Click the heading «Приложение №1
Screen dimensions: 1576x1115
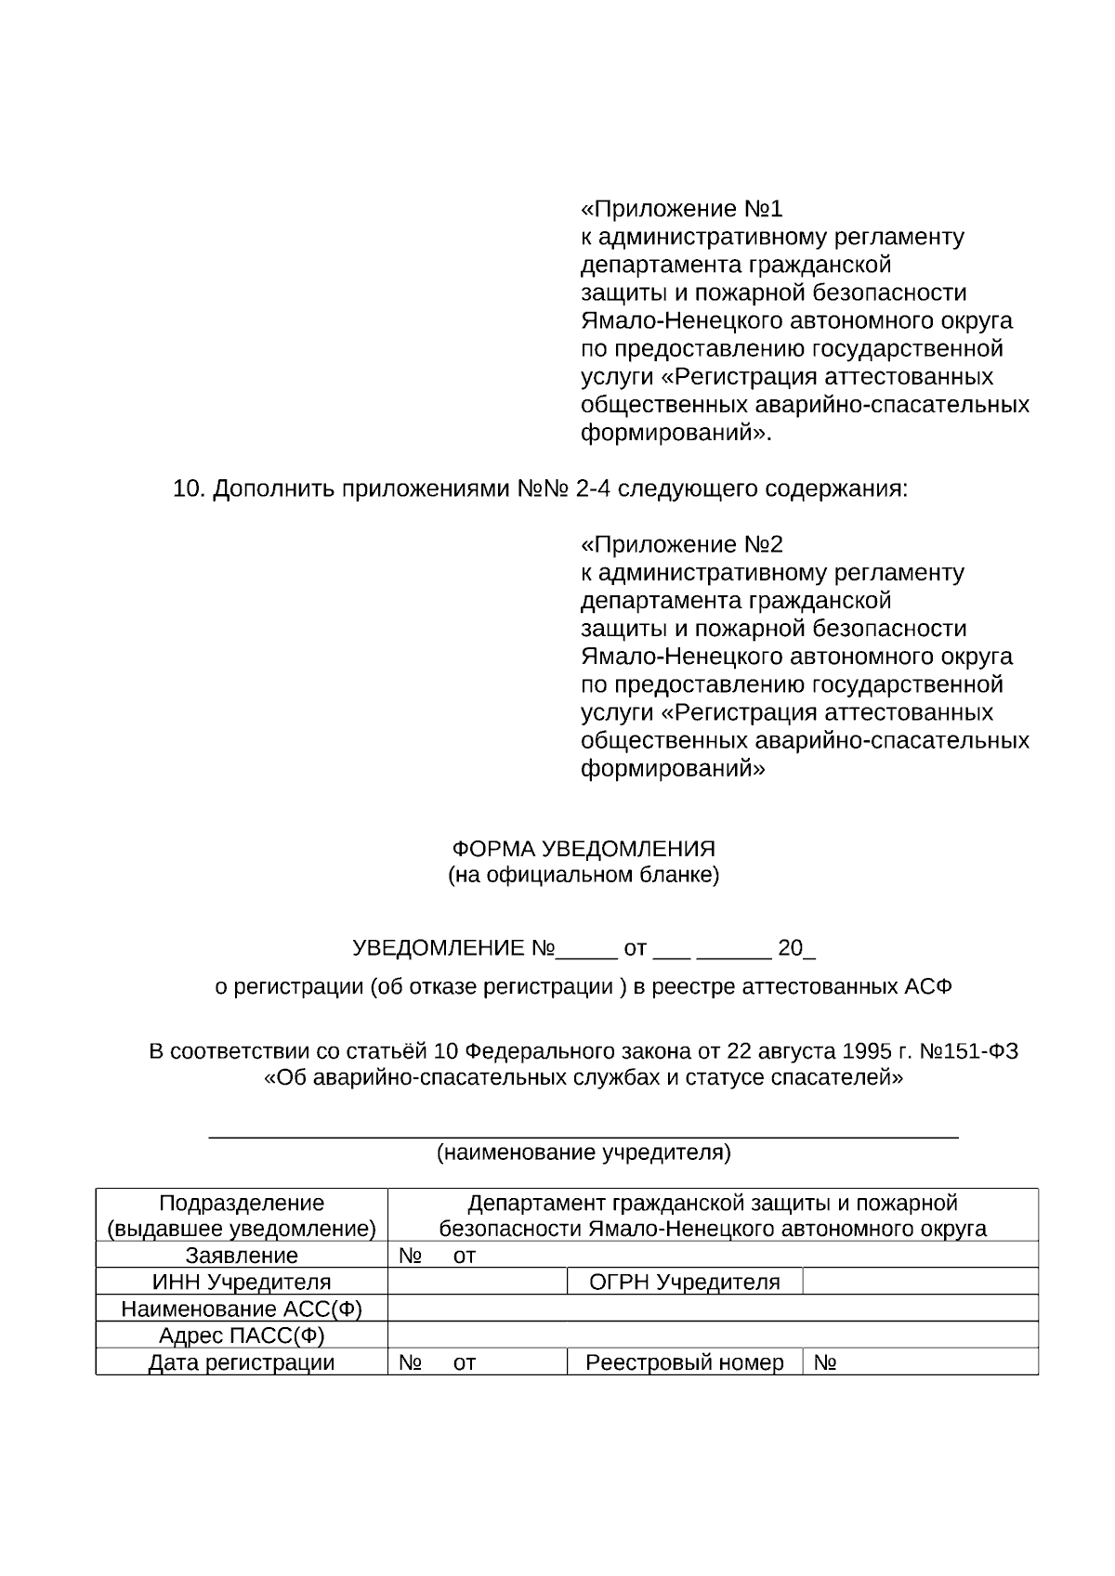[681, 208]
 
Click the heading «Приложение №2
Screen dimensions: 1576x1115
[681, 544]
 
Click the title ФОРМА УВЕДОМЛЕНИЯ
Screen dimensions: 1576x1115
[584, 849]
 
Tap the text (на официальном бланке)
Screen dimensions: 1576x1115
[584, 875]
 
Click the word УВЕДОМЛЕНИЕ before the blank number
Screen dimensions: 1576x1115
[439, 948]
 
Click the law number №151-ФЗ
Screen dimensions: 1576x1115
[968, 1051]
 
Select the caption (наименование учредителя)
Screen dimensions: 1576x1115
[584, 1153]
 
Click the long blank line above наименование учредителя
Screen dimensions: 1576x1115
[584, 1136]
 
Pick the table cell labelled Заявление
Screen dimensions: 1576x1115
[242, 1256]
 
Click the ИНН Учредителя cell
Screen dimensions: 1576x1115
[242, 1283]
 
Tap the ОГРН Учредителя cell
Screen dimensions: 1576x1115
[685, 1283]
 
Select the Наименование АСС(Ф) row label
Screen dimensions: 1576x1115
[242, 1309]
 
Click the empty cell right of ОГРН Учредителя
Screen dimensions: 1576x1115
[920, 1283]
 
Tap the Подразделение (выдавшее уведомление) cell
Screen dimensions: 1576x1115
[242, 1216]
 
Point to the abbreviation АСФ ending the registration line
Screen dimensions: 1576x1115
[928, 986]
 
